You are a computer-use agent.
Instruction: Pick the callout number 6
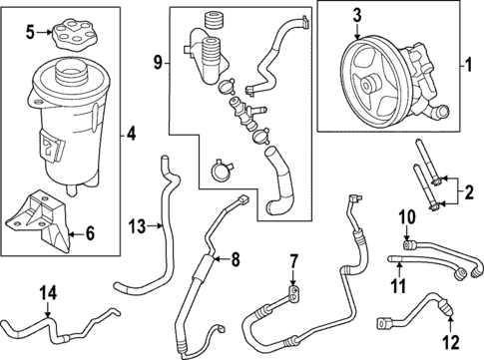click(x=89, y=234)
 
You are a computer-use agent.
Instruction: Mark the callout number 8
click(x=236, y=261)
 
